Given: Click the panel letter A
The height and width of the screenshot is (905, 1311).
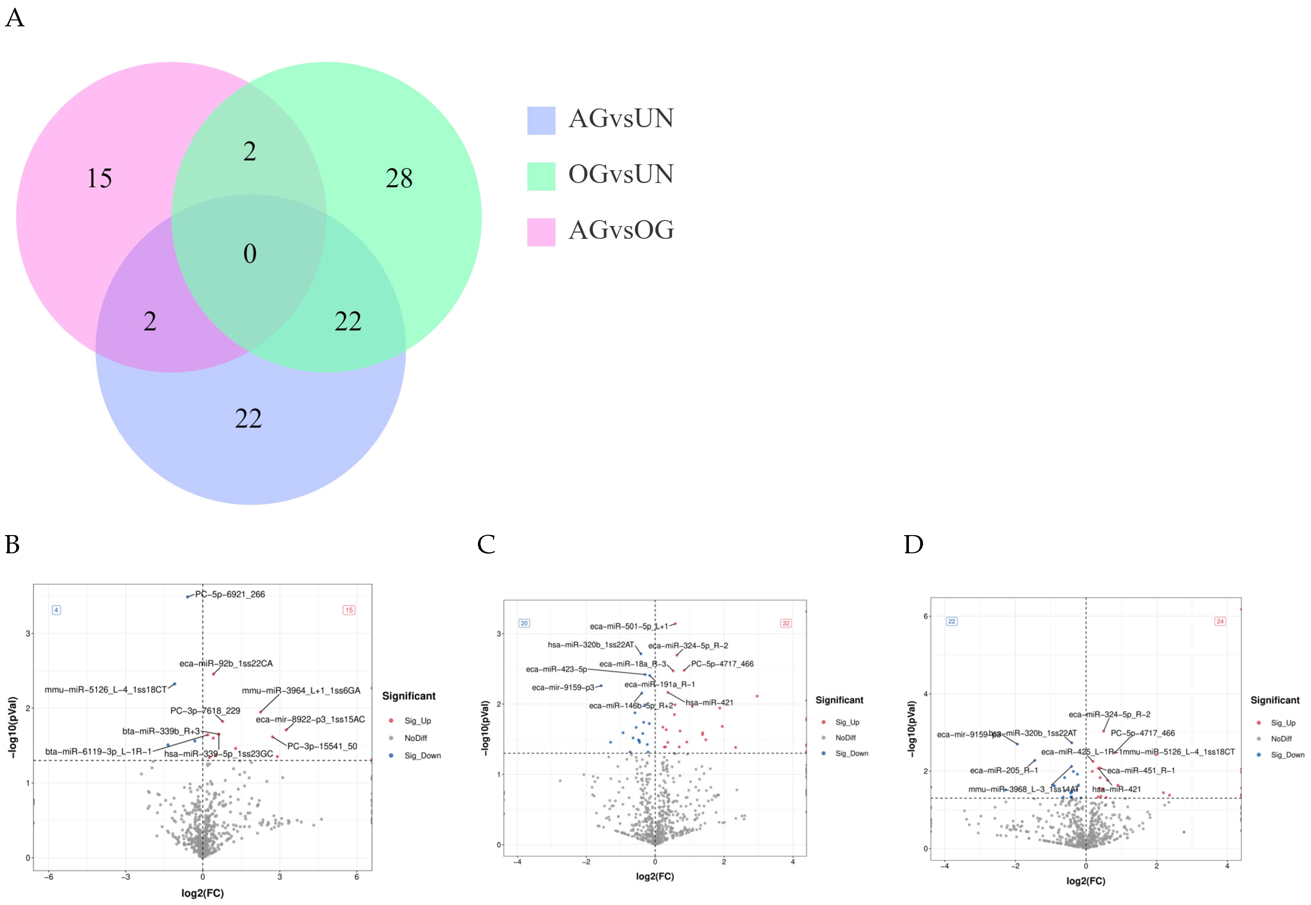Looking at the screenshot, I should [15, 18].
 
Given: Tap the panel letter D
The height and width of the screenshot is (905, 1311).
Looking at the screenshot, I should [913, 545].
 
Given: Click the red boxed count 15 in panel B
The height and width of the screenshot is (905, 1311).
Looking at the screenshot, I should [349, 610].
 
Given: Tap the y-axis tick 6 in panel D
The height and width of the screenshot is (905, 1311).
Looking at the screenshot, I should [926, 616].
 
